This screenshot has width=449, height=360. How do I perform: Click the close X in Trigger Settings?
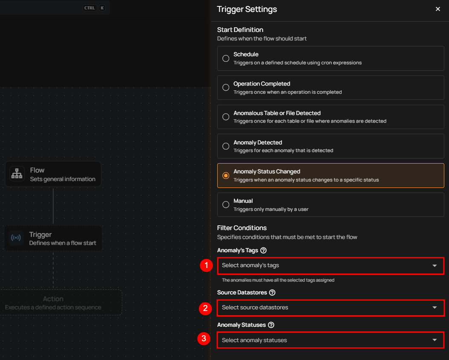pos(437,9)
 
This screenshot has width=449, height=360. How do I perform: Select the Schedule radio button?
pos(226,58)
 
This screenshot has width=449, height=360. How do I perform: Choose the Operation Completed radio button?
pos(226,87)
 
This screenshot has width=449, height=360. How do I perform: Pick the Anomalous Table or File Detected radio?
pos(226,117)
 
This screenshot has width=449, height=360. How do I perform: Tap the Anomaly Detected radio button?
pos(226,146)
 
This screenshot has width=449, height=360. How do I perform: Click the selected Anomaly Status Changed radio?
pos(226,176)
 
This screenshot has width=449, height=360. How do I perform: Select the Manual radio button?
pos(226,204)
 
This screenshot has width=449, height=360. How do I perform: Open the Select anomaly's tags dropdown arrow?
pos(435,266)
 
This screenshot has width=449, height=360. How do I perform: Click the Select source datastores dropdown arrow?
pos(435,308)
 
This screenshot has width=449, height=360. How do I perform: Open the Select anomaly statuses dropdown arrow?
pos(435,340)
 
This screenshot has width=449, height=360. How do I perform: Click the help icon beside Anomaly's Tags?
pos(263,251)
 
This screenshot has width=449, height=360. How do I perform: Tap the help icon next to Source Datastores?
pos(272,292)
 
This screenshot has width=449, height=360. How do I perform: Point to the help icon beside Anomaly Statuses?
pos(271,325)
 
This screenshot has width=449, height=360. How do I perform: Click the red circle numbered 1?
pos(206,265)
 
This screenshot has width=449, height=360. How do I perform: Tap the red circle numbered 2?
pos(205,308)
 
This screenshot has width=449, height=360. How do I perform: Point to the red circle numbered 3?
pos(204,339)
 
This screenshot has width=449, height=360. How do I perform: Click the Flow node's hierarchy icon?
pos(17,174)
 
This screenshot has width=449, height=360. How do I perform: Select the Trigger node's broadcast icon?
pos(16,238)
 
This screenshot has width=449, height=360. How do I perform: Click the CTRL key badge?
pos(89,8)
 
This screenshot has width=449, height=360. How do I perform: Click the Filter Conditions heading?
pos(242,228)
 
